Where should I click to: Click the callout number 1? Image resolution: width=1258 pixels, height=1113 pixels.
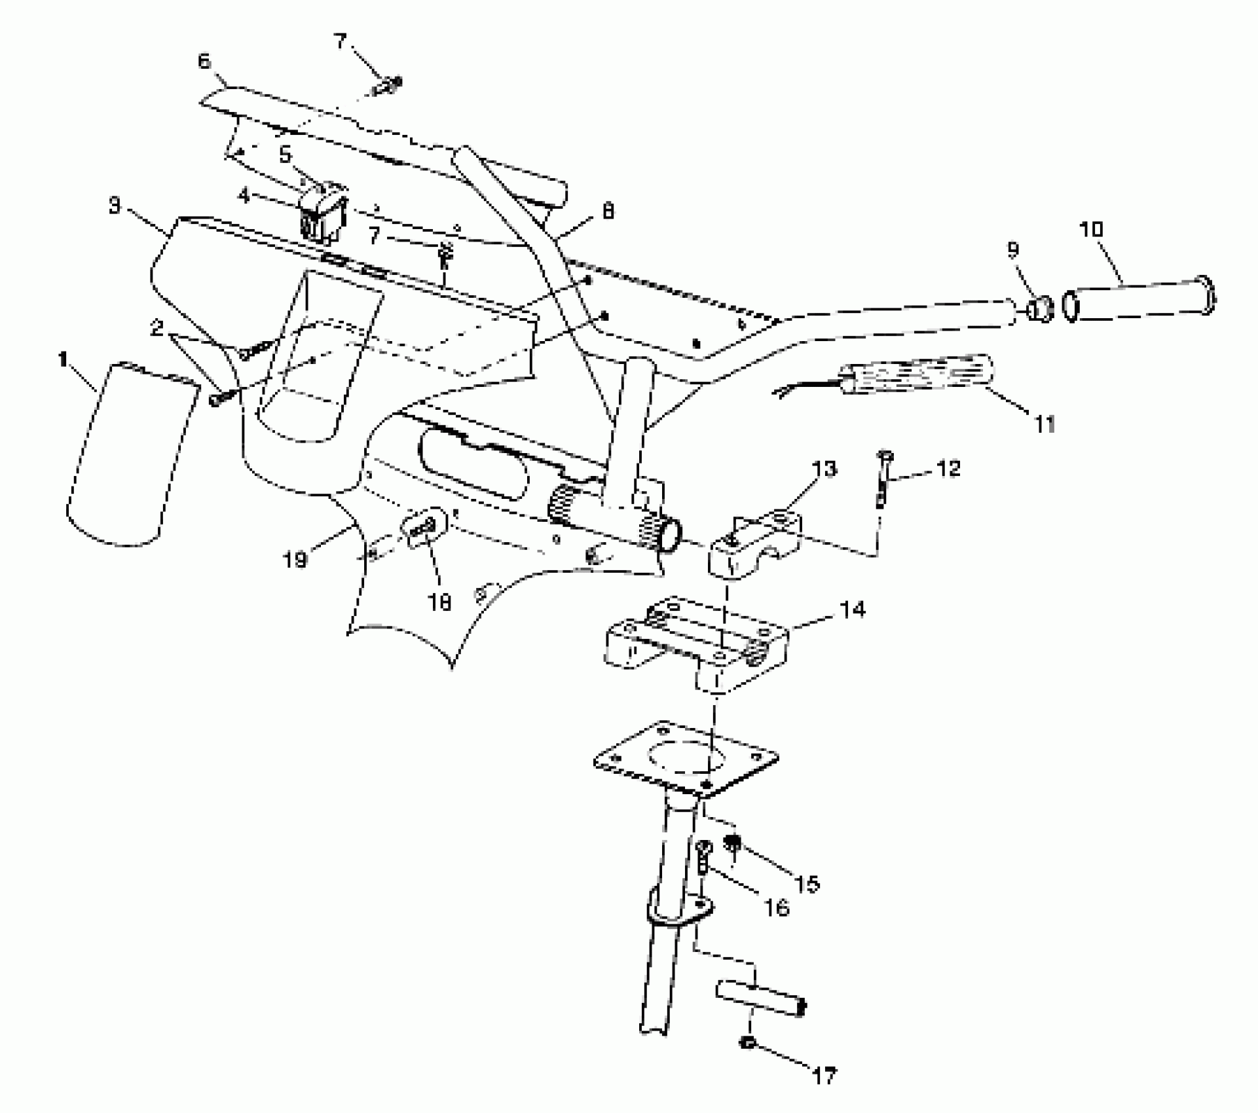pos(64,359)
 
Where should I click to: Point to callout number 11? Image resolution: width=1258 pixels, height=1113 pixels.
pos(1045,424)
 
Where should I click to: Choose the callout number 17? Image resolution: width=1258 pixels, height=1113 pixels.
pos(824,1075)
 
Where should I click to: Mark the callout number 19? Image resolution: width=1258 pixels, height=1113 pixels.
pos(296,560)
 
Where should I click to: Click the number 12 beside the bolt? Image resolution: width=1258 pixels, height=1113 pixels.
pos(949,468)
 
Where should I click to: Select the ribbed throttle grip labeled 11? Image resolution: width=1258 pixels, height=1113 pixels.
pos(917,376)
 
